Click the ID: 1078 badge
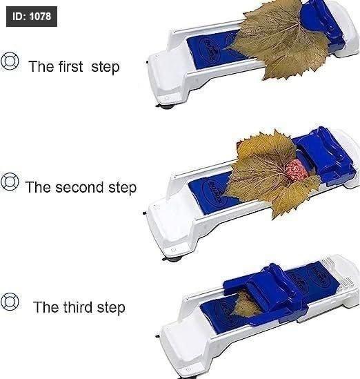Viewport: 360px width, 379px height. click(x=32, y=17)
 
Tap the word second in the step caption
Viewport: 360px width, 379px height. click(x=79, y=187)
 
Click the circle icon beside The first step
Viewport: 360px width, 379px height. click(x=10, y=61)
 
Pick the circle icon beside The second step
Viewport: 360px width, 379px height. click(x=10, y=182)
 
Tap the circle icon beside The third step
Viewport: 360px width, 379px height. click(x=10, y=302)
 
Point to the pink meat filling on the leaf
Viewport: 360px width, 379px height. click(x=297, y=168)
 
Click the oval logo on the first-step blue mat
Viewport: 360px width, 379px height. click(x=210, y=49)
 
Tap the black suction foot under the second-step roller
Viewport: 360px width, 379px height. click(x=172, y=260)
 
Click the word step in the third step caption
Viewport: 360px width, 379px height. click(x=111, y=308)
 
